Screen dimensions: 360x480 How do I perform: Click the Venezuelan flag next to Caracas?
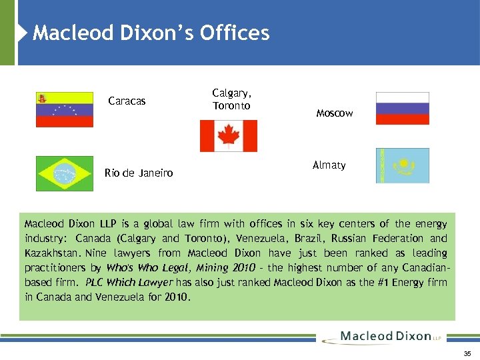pos(65,109)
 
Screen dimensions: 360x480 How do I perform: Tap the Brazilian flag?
pos(65,173)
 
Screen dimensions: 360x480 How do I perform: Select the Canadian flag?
pos(229,136)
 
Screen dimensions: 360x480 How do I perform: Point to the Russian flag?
pos(403,109)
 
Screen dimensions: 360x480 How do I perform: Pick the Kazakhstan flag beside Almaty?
pos(403,165)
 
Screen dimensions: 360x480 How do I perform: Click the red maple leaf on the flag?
pos(229,135)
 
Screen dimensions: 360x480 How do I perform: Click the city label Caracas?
pos(127,101)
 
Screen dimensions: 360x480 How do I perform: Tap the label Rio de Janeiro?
pos(139,173)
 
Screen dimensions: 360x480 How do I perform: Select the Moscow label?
pos(335,113)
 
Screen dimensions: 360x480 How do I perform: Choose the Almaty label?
pos(329,165)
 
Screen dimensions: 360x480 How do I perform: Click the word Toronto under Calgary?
pos(231,106)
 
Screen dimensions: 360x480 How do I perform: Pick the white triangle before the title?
pos(25,33)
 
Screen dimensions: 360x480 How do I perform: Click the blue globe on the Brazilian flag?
pos(65,173)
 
